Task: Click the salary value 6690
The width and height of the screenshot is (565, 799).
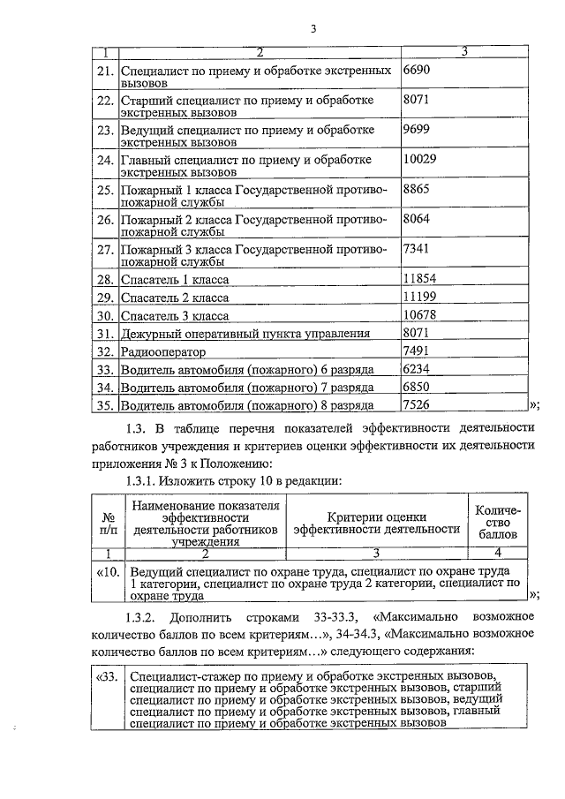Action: click(x=416, y=68)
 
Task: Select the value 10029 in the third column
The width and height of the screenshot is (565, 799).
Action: click(x=419, y=158)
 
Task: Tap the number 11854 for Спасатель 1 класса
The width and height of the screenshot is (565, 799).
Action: click(x=419, y=278)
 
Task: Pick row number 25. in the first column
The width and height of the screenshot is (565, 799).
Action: click(x=105, y=189)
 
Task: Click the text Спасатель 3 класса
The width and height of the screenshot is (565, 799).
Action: click(x=174, y=315)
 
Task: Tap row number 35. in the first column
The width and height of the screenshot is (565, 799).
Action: click(x=105, y=405)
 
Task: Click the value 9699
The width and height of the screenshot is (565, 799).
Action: click(x=416, y=128)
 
